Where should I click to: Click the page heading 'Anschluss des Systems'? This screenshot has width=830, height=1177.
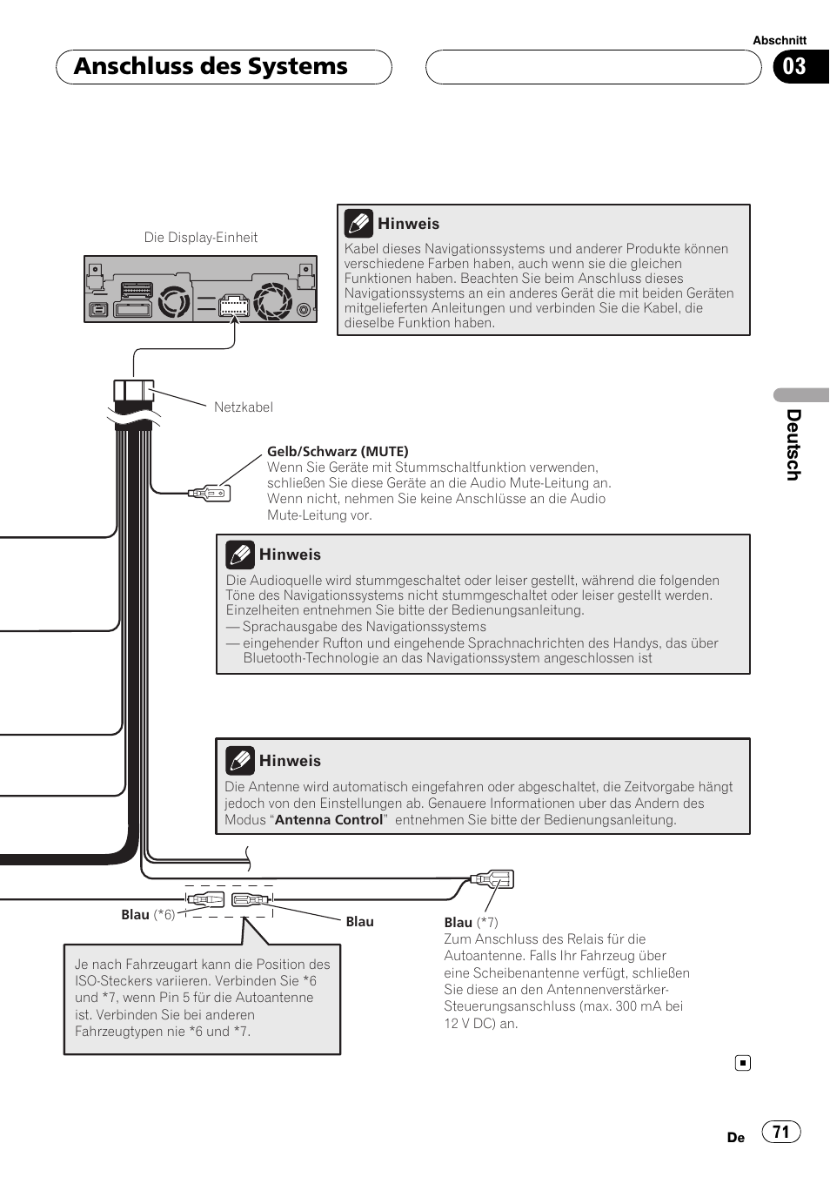coord(211,67)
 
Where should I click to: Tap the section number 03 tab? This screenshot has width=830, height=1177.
coord(795,67)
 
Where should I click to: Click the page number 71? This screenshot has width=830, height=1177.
coord(780,1132)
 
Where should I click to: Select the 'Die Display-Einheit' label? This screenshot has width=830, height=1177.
coord(201,238)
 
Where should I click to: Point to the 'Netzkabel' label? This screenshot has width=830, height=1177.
coord(244,407)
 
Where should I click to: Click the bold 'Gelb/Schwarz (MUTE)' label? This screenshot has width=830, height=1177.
coord(338,451)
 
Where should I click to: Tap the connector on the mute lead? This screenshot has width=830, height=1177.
coord(210,494)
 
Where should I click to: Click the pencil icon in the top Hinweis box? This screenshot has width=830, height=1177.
coord(358,224)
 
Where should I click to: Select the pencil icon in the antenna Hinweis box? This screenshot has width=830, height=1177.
coord(239,761)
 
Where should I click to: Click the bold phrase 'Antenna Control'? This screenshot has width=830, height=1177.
coord(329,820)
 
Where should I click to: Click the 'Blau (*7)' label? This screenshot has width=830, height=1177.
coord(471,923)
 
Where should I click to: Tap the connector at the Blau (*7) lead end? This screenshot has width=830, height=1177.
coord(492,879)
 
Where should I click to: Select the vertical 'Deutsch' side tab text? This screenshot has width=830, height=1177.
coord(793,444)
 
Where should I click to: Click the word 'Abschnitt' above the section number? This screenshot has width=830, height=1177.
coord(780,40)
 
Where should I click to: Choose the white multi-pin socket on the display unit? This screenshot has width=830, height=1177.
coord(233,305)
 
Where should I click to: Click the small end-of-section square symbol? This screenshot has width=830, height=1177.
coord(742,1063)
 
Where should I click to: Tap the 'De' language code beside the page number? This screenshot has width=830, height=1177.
coord(736,1138)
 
